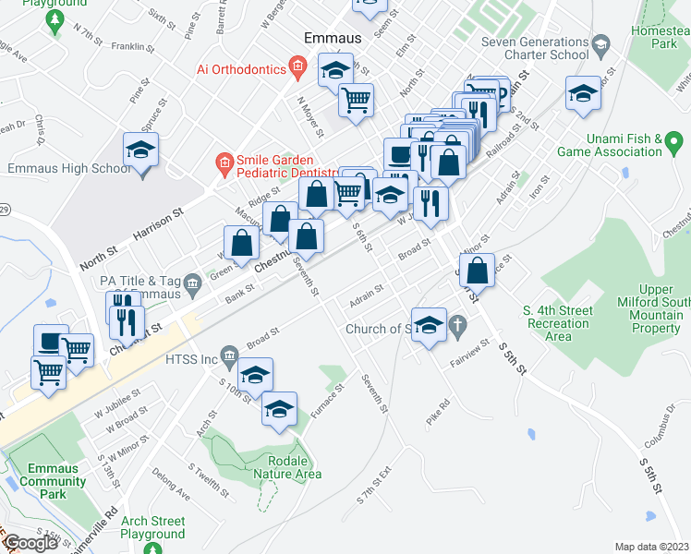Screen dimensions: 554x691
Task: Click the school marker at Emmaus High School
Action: pyautogui.click(x=141, y=150)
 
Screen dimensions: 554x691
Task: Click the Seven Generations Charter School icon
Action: pyautogui.click(x=600, y=43)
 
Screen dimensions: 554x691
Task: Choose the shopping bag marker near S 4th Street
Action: pyautogui.click(x=477, y=271)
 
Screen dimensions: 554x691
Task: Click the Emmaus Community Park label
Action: pyautogui.click(x=53, y=481)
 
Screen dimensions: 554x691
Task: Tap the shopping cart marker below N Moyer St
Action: pyautogui.click(x=356, y=99)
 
